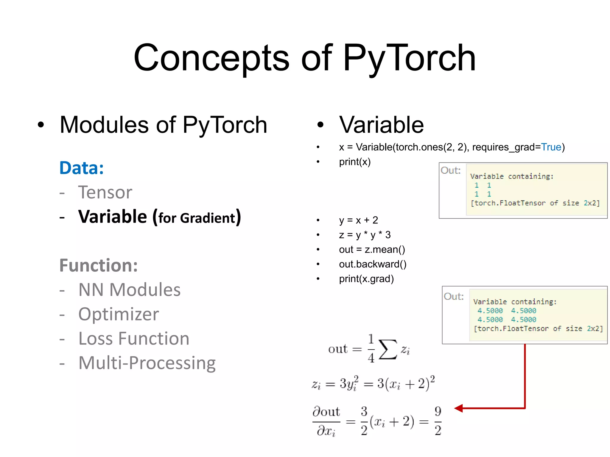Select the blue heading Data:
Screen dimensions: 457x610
82,168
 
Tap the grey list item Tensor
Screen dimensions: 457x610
105,192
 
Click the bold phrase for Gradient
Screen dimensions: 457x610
197,218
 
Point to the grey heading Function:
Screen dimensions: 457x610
99,265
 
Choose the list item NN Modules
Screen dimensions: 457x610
129,290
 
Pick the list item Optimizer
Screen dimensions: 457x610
119,314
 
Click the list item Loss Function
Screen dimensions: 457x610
134,339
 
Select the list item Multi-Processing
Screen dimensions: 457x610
147,363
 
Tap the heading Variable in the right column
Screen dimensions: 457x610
381,125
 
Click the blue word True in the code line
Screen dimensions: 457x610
551,147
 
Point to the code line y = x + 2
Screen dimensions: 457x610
358,220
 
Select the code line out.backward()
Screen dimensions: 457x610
373,264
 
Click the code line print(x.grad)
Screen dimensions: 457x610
366,279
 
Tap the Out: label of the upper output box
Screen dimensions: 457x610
451,170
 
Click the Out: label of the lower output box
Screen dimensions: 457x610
454,297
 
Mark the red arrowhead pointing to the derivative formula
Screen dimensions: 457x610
459,408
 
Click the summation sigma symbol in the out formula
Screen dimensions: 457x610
388,349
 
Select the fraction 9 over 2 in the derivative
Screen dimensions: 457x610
438,421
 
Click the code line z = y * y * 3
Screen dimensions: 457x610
365,235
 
